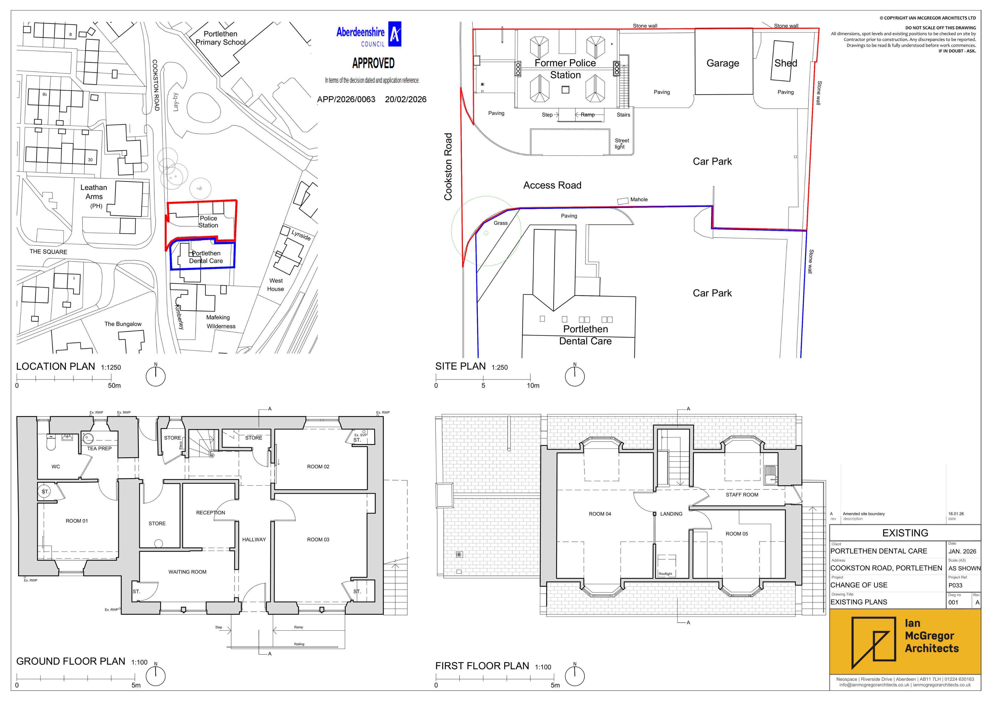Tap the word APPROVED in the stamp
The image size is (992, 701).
(x=373, y=63)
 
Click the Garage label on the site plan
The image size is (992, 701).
(x=722, y=63)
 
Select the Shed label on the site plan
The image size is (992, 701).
(x=785, y=63)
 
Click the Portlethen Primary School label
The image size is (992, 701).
(x=220, y=38)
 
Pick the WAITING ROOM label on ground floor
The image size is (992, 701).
(x=187, y=572)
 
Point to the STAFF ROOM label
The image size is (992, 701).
(x=742, y=495)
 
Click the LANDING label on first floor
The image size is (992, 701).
(x=671, y=514)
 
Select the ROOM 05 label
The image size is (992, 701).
(x=737, y=534)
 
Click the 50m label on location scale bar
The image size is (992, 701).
(x=115, y=386)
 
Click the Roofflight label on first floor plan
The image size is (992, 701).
(x=665, y=574)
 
